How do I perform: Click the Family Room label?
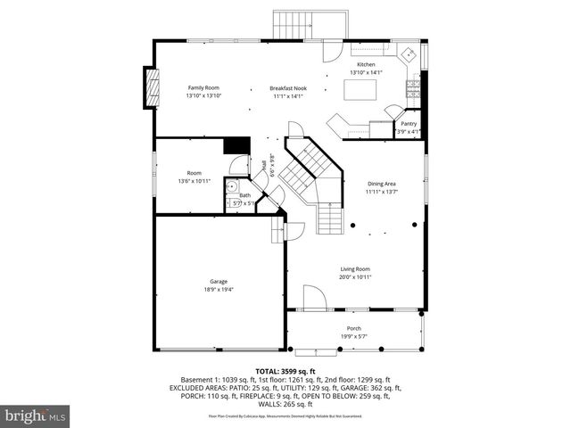tap(203, 87)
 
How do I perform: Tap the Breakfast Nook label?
tap(286, 87)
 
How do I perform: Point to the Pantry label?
tap(408, 124)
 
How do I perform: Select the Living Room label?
tap(355, 268)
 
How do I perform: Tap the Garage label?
tap(219, 281)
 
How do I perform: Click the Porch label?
tap(354, 328)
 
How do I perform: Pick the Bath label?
tap(244, 195)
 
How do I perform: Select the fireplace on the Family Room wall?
tap(151, 86)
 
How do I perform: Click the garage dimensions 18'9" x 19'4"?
tap(219, 289)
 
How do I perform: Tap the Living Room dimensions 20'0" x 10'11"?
tap(355, 276)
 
